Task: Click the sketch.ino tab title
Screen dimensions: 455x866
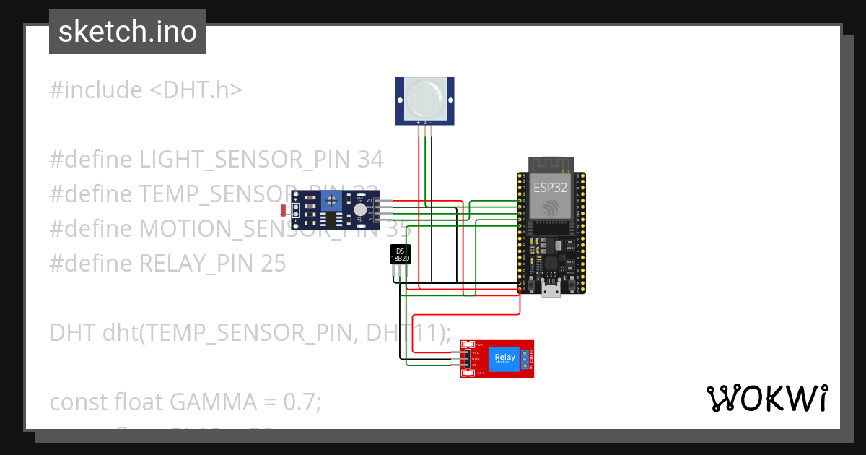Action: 128,32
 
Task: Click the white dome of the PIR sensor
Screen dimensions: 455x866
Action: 424,100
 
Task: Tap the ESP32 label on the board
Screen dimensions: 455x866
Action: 551,187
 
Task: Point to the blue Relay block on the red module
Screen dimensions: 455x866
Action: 504,359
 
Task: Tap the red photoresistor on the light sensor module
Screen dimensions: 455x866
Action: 284,210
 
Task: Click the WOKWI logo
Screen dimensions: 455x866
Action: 766,398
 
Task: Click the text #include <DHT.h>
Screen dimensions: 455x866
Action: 146,90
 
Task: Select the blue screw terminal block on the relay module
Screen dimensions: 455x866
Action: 525,359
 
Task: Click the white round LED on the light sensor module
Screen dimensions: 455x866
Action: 360,209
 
